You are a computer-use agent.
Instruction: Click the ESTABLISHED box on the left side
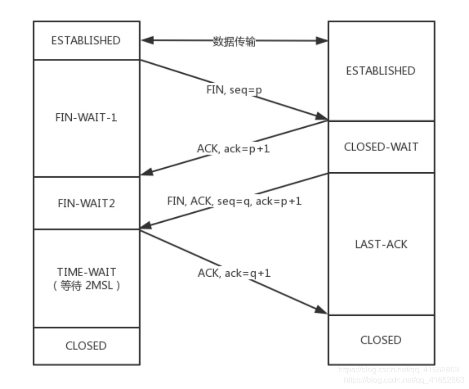point(86,40)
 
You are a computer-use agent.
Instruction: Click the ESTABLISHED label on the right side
point(380,71)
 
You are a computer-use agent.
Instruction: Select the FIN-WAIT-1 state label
point(86,118)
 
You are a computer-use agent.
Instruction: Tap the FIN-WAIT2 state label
point(86,203)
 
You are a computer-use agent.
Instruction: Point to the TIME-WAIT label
point(86,272)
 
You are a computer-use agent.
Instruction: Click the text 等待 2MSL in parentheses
point(86,287)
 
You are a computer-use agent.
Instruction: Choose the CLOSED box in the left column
point(86,346)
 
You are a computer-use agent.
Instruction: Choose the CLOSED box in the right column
point(380,340)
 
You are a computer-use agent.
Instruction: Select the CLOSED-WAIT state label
point(380,147)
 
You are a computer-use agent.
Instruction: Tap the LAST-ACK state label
point(380,244)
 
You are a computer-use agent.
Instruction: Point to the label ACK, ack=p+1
point(234,148)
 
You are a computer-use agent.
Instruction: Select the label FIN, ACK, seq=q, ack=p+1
point(234,201)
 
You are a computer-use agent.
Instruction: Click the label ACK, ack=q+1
point(234,272)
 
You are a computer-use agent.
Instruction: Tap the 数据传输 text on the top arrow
point(234,42)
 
